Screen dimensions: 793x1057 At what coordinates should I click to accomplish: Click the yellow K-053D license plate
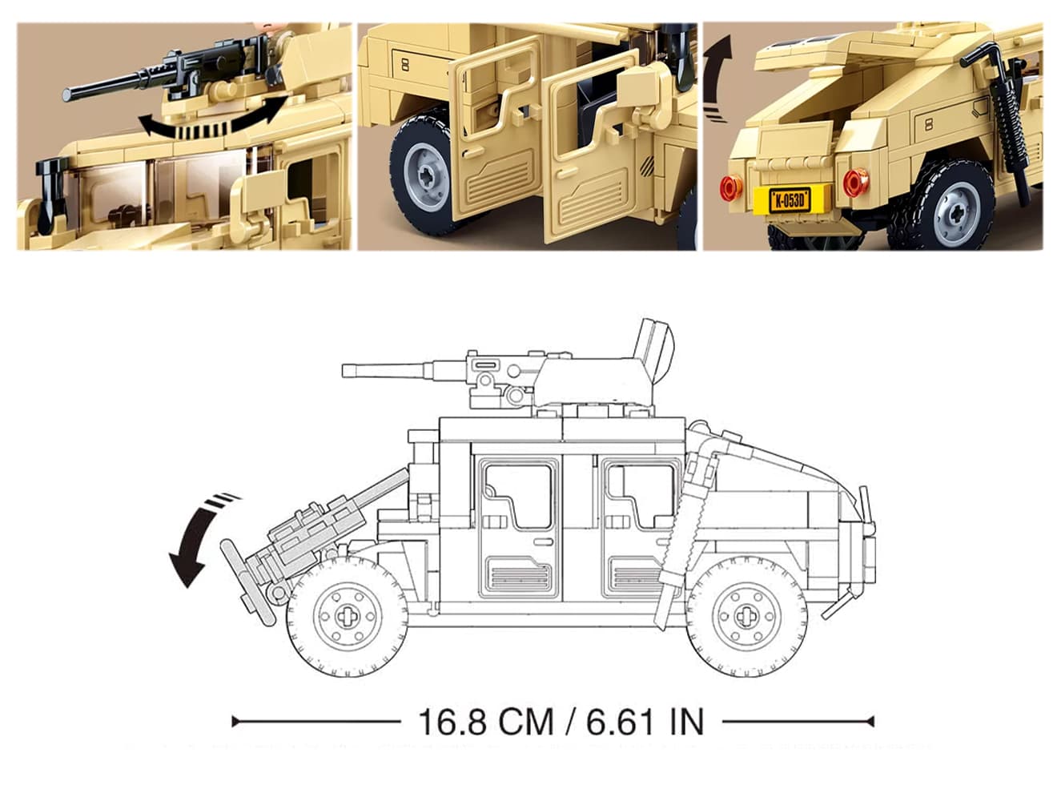(x=789, y=200)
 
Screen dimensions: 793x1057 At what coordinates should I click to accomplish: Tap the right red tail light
(x=856, y=182)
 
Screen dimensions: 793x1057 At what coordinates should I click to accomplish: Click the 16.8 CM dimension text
(x=485, y=722)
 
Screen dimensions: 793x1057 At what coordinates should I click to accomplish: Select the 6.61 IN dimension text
(x=645, y=722)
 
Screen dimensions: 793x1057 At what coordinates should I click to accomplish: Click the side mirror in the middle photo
(x=638, y=86)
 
